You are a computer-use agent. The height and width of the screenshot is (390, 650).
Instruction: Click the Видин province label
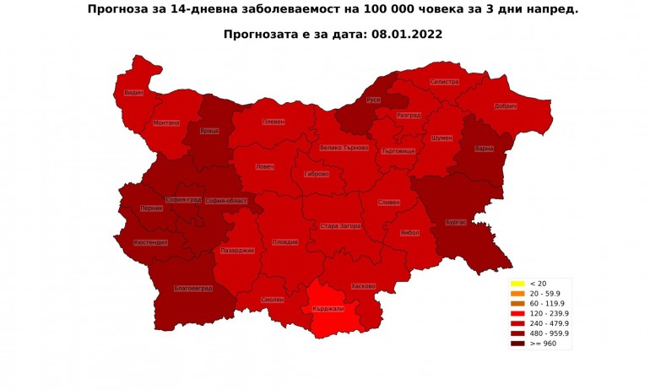[x=133, y=92]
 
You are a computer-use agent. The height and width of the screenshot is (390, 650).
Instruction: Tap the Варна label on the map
[x=485, y=149]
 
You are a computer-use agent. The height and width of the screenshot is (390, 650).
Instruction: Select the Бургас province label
[x=456, y=222]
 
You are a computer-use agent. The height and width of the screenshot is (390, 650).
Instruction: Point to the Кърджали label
[x=328, y=309]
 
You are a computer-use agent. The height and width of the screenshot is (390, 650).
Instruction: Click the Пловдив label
[x=285, y=242]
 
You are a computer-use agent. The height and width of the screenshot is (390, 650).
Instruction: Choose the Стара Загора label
[x=341, y=226]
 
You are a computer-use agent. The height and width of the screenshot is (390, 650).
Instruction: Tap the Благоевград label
[x=192, y=288]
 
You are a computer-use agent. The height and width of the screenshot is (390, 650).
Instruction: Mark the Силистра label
[x=444, y=82]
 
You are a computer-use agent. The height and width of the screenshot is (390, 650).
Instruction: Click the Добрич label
[x=504, y=106]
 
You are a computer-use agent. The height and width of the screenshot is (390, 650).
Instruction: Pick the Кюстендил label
[x=150, y=242]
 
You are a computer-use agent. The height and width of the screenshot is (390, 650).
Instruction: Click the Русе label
[x=373, y=100]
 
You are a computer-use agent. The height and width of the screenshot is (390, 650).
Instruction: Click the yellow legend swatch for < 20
[x=517, y=283]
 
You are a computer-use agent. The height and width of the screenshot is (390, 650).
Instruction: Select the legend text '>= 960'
[x=543, y=344]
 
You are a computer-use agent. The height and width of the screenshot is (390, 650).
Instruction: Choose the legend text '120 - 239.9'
[x=549, y=313]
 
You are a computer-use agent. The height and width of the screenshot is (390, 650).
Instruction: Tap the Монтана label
[x=166, y=123]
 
